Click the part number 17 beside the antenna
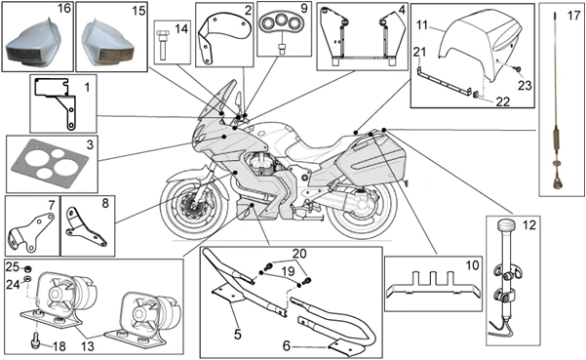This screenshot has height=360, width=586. pos(573,17)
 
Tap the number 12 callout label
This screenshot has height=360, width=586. pos(528,225)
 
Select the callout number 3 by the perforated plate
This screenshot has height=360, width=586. pos(90,144)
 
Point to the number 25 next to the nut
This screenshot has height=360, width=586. pos(13,267)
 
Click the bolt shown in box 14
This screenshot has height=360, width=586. pos(163,46)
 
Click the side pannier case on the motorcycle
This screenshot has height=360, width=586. pos(370,160)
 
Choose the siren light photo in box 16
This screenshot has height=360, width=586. pos(33,44)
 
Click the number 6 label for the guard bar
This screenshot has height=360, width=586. pos(287,345)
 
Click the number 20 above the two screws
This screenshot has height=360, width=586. pos(299,254)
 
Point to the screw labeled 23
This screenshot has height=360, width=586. pos(518,69)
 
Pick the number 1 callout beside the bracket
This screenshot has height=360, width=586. pos(87,88)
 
